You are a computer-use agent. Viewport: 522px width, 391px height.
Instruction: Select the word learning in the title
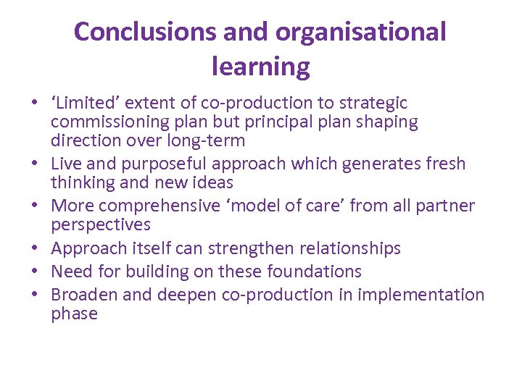click(260, 67)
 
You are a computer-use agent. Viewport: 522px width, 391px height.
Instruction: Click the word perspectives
click(101, 224)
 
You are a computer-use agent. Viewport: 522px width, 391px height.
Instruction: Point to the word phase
click(74, 314)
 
